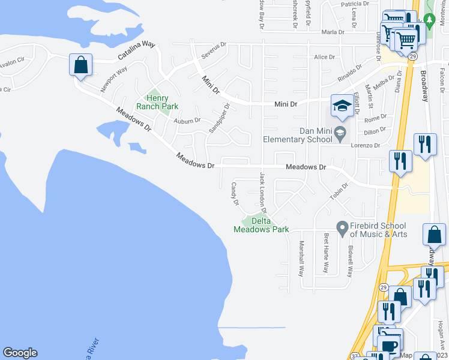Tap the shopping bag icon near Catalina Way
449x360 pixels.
(80, 65)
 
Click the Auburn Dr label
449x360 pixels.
(187, 121)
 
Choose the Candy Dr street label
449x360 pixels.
(235, 193)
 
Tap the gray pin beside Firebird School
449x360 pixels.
(342, 228)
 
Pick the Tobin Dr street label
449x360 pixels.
(339, 193)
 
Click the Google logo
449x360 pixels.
(20, 353)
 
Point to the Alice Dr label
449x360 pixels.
(324, 57)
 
